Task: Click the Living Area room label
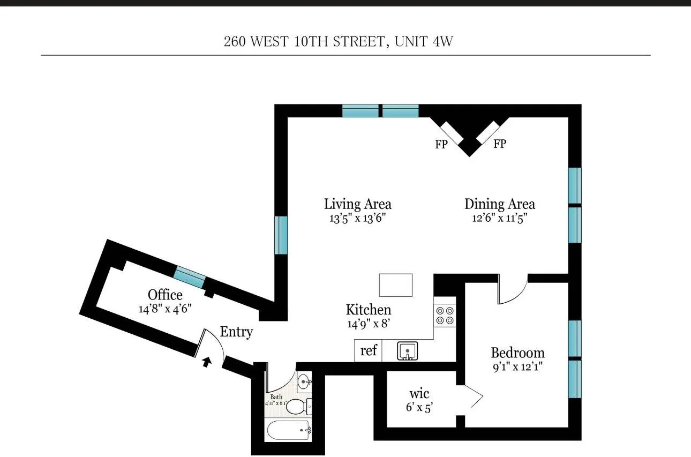(x=357, y=204)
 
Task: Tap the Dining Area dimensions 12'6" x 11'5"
(x=499, y=218)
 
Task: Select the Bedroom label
(x=517, y=353)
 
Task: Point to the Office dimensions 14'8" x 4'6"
(x=165, y=309)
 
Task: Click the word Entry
(x=236, y=332)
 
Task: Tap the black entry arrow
(x=207, y=362)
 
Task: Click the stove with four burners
(x=445, y=315)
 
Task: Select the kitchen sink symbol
(x=408, y=351)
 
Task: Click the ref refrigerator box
(x=368, y=351)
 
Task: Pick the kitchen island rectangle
(x=396, y=285)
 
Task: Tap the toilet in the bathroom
(x=296, y=407)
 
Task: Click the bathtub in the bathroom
(x=288, y=430)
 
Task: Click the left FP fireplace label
(x=441, y=144)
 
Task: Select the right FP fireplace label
(x=499, y=144)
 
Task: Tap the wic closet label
(x=419, y=394)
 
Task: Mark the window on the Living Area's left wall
(x=281, y=235)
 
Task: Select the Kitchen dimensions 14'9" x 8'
(x=369, y=324)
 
